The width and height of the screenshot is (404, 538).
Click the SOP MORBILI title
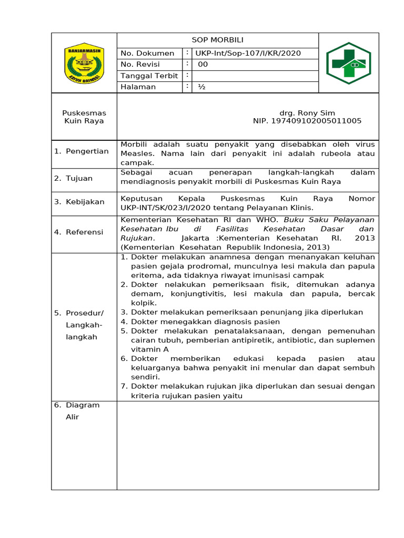[217, 40]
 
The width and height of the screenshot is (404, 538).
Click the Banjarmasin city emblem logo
[84, 63]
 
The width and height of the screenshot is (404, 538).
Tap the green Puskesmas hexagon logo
[348, 63]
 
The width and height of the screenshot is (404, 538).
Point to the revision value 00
[203, 65]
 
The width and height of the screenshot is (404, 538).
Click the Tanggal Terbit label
[149, 76]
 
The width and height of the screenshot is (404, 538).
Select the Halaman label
[138, 87]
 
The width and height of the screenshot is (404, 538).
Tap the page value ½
[201, 87]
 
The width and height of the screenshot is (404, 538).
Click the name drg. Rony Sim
[307, 113]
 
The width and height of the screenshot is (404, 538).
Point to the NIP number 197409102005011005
[307, 121]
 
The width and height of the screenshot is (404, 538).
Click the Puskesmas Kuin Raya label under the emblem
[84, 117]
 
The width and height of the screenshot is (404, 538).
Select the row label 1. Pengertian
[82, 151]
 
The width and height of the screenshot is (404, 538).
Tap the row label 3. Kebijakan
[79, 202]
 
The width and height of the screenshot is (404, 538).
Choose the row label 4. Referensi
[79, 232]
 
